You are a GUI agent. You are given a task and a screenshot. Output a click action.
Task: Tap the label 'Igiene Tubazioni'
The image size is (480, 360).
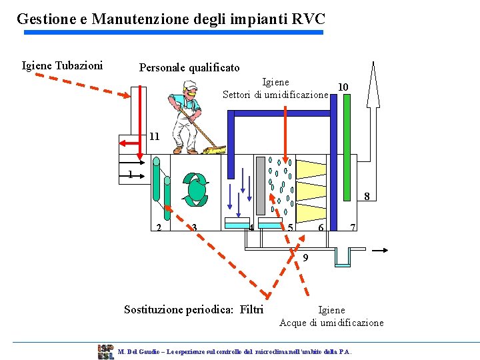click(x=62, y=65)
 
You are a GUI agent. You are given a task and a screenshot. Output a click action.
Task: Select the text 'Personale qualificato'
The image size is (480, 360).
click(x=189, y=67)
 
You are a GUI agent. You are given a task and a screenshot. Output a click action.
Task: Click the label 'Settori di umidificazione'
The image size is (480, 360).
click(x=275, y=95)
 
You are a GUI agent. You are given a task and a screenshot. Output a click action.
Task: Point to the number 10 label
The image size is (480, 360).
click(x=343, y=87)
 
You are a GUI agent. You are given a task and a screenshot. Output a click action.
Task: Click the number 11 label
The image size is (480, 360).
click(x=154, y=136)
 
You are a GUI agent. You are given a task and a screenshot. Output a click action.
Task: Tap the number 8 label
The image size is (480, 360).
click(x=366, y=196)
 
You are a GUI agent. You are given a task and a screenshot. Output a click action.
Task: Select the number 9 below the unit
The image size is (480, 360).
click(x=305, y=258)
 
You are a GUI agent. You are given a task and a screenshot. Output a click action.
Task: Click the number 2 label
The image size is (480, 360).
click(x=158, y=227)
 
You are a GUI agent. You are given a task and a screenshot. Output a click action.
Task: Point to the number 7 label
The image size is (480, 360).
click(x=353, y=227)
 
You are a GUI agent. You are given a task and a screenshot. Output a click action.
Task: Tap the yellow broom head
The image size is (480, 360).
click(x=215, y=151)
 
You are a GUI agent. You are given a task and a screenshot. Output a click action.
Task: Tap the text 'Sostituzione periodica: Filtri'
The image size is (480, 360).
click(x=194, y=309)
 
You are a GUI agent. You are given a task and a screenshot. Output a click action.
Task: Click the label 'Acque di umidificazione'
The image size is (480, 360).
click(x=331, y=323)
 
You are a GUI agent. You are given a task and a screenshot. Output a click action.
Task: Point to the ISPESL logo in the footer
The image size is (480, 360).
click(x=105, y=351)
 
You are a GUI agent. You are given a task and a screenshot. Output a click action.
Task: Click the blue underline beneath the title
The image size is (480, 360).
click(x=173, y=32)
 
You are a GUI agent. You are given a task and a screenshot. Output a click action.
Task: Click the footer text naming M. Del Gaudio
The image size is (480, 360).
click(x=233, y=351)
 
